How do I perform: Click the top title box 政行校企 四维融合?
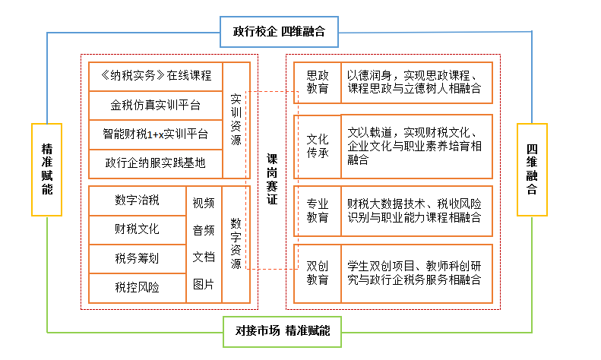pyautogui.click(x=279, y=32)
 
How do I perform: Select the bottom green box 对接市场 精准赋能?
pyautogui.click(x=282, y=332)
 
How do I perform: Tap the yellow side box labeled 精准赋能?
pyautogui.click(x=47, y=169)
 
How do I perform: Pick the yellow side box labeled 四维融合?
pyautogui.click(x=532, y=169)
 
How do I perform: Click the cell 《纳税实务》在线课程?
pyautogui.click(x=156, y=76)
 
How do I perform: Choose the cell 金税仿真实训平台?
pyautogui.click(x=156, y=106)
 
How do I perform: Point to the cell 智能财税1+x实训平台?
pyautogui.click(x=156, y=134)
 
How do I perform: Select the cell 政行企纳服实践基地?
pyautogui.click(x=156, y=163)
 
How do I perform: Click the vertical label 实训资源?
pyautogui.click(x=236, y=120)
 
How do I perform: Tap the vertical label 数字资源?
pyautogui.click(x=236, y=244)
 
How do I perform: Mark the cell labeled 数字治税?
pyautogui.click(x=138, y=201)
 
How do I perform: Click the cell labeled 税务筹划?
pyautogui.click(x=138, y=258)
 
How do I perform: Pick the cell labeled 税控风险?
pyautogui.click(x=138, y=288)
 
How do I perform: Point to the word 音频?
pyautogui.click(x=204, y=231)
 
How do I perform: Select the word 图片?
pyautogui.click(x=204, y=285)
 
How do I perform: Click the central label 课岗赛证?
pyautogui.click(x=272, y=179)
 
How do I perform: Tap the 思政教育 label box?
pyautogui.click(x=318, y=82)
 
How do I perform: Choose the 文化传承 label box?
pyautogui.click(x=318, y=147)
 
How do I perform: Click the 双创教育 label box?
pyautogui.click(x=318, y=273)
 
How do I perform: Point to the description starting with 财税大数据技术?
pyautogui.click(x=414, y=210)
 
